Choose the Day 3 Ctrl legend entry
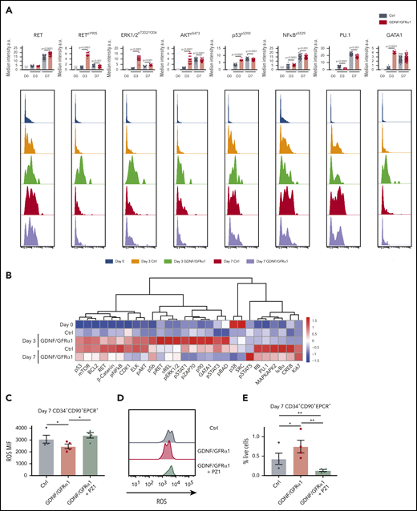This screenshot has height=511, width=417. click(x=169, y=261)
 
